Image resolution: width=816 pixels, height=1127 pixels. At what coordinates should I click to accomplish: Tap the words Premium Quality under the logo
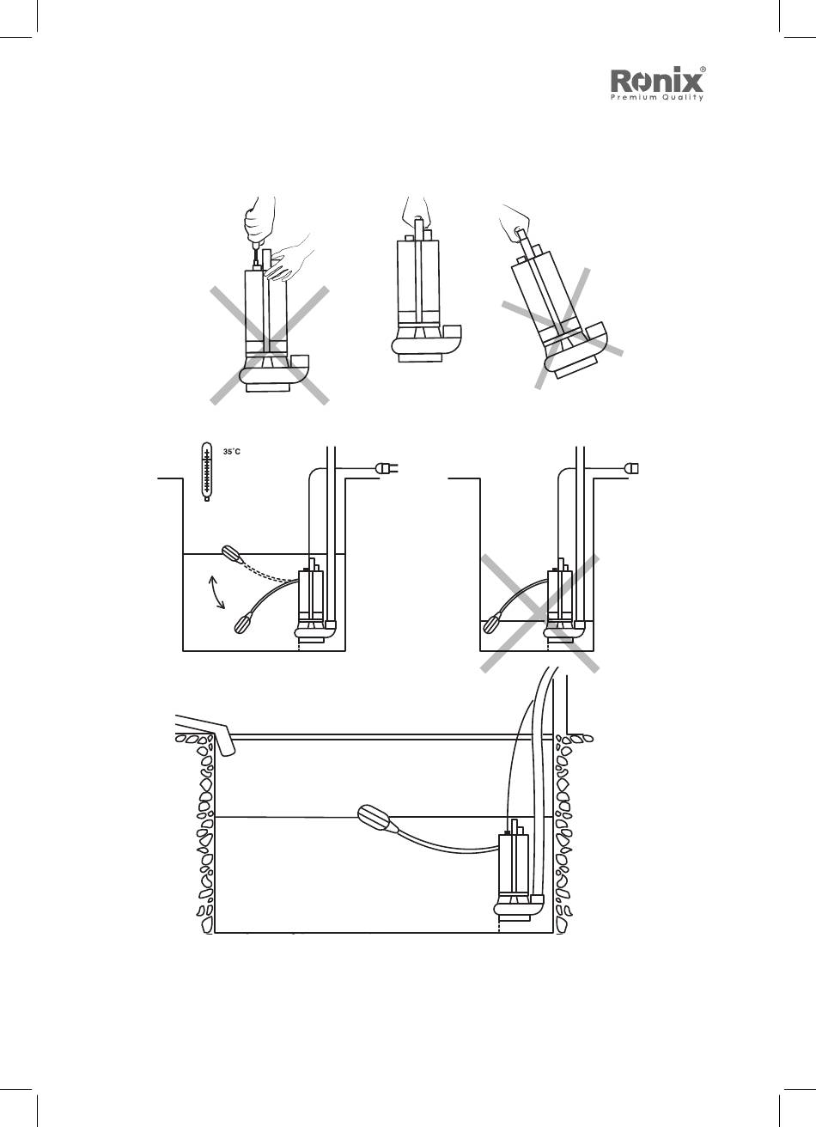click(x=657, y=98)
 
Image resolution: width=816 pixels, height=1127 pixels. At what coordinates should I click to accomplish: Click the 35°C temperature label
click(x=232, y=452)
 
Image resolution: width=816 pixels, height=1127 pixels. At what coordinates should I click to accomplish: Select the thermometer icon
click(x=206, y=472)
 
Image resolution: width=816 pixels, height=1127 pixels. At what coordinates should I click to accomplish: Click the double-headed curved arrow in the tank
click(x=216, y=593)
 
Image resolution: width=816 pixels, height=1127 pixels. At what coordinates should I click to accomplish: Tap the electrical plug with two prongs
click(x=387, y=469)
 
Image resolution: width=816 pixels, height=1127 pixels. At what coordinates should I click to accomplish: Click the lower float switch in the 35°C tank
click(x=243, y=624)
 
